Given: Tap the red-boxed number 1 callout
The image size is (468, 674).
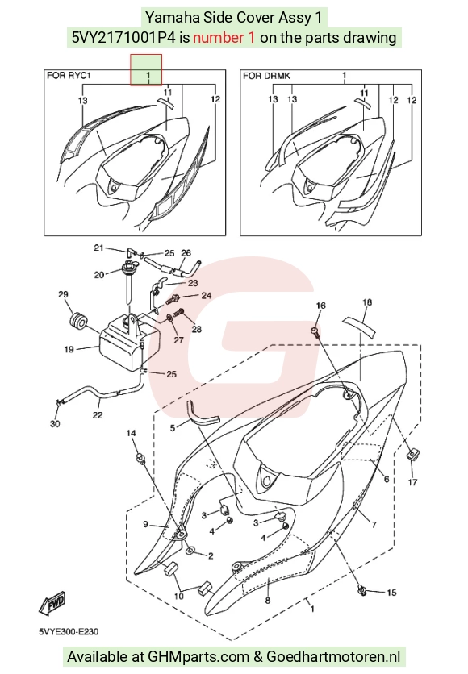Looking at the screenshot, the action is pos(148,76).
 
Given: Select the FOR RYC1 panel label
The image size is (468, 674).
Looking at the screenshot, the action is pos(69,76).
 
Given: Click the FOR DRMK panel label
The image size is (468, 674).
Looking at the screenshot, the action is pos(267,76).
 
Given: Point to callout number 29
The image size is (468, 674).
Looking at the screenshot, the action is pos(63,294).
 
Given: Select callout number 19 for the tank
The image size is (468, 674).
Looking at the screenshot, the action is pos(69,349).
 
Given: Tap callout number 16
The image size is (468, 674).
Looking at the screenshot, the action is pos(321,306).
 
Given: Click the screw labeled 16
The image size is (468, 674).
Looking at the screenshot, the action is pos(315,331).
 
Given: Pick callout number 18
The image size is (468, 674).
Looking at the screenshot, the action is pos(367,302).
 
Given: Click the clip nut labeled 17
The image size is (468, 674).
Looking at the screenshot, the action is pos(412,454).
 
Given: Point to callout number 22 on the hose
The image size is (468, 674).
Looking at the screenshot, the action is pos(98,415).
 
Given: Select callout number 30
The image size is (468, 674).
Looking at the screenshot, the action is pos(55,424).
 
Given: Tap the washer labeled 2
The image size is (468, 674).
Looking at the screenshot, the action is pos(190,551).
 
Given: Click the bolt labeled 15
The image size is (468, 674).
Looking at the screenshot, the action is pos(362,590).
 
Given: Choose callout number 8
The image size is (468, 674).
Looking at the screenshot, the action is pos(268,601).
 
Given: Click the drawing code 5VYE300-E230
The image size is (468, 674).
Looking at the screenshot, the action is pos(69,631).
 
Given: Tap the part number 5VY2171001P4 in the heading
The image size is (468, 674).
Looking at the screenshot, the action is pos(123,38).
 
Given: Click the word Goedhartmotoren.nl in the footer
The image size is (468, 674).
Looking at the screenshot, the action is pos(333,657).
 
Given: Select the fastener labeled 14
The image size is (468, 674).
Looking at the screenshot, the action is pos(140,458).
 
